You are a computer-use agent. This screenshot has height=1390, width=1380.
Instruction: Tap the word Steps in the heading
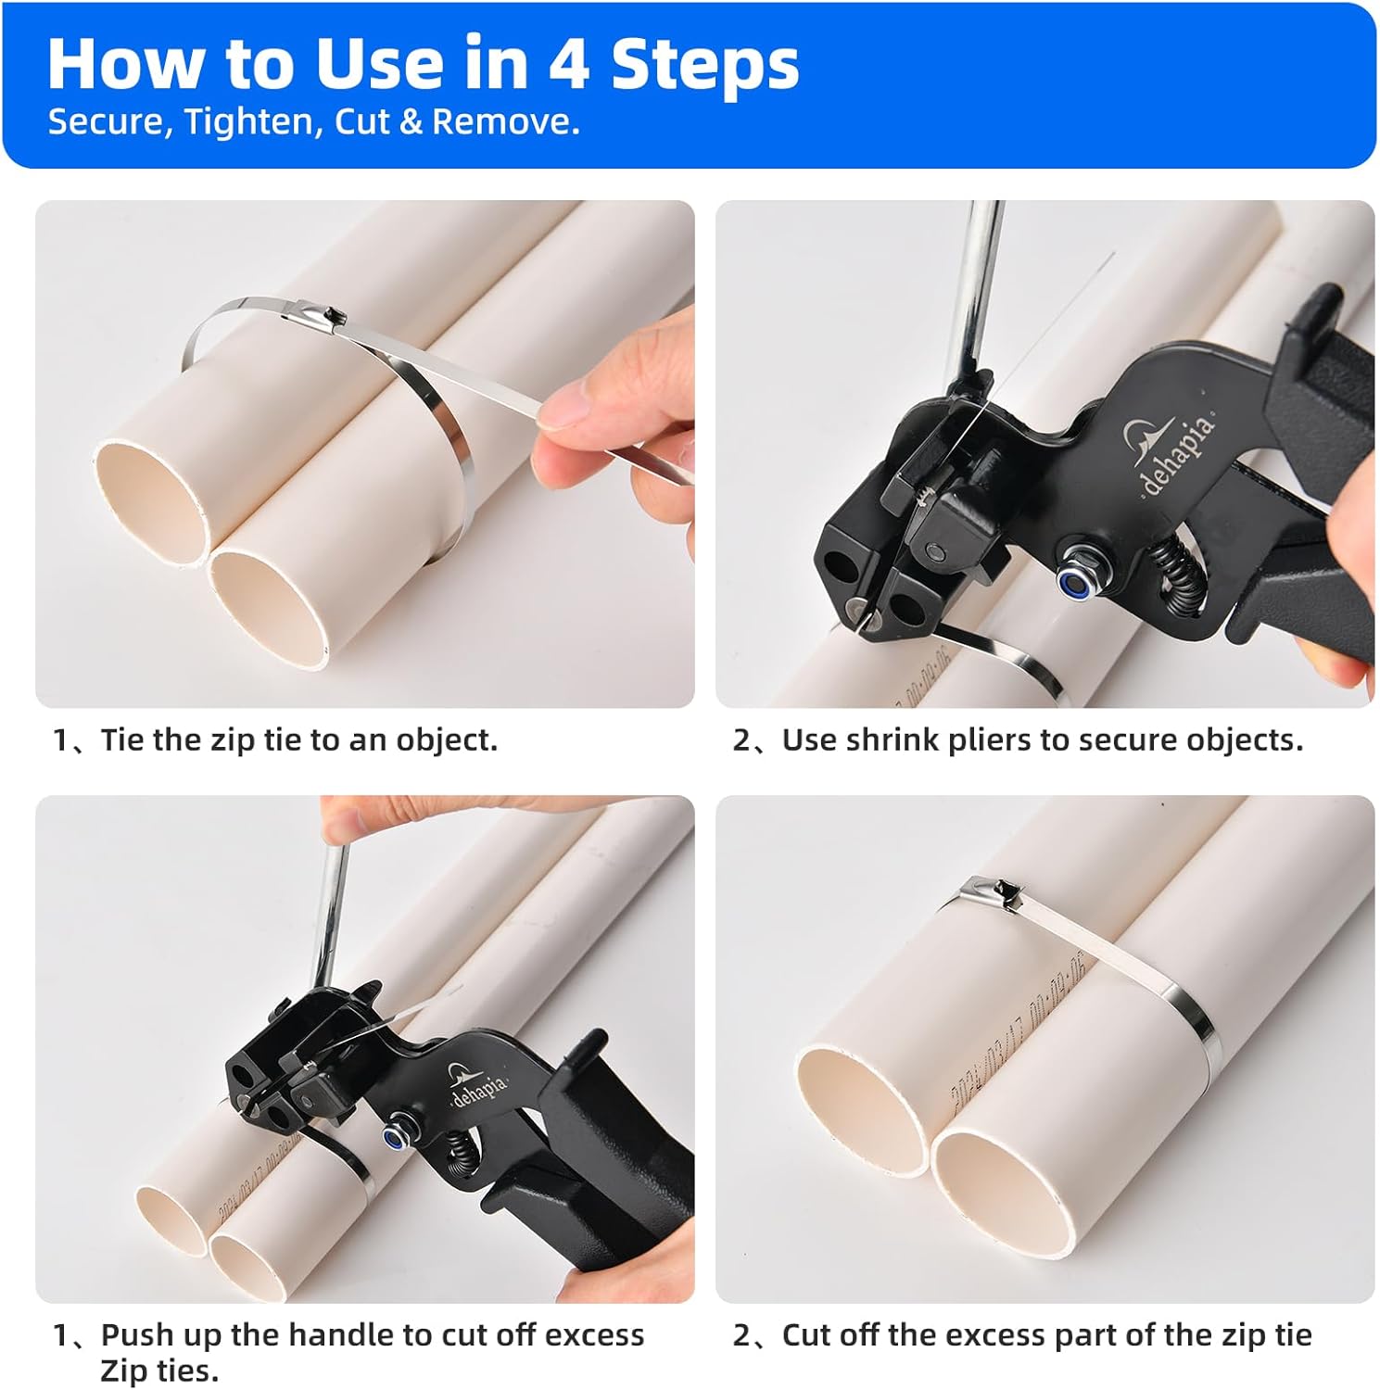704,65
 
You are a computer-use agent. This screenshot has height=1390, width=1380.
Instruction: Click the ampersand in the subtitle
411,122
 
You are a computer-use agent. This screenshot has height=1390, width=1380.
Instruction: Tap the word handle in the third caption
344,1335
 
